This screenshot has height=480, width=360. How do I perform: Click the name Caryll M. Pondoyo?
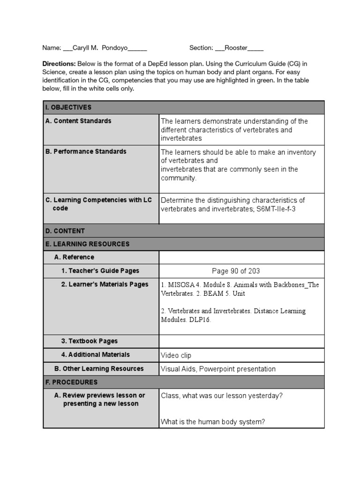pos(98,48)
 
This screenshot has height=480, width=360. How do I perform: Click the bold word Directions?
pos(59,63)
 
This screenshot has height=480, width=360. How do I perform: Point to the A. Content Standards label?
pos(78,121)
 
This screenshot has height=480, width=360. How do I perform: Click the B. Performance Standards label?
pos(86,152)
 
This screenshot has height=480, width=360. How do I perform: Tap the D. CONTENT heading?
pos(65,231)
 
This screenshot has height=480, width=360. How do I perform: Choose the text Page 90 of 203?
pos(236,271)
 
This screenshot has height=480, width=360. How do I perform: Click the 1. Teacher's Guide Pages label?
pos(100,270)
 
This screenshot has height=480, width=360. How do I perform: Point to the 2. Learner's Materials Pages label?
pos(105,284)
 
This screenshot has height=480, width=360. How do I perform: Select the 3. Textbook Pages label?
pos(89,341)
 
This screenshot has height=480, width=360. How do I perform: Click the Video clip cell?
pos(176,355)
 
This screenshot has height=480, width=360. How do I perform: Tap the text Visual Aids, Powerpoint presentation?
pos(218,369)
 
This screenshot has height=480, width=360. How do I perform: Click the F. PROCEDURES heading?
pos(71,382)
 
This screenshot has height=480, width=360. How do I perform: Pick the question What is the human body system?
pos(213,422)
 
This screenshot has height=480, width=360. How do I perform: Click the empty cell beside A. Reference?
pos(241,257)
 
